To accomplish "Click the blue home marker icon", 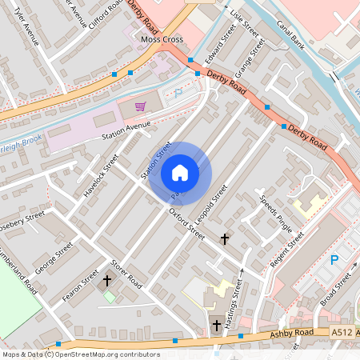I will point(179,172).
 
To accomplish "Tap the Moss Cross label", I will point(162,39).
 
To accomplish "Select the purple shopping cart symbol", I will point(141,105).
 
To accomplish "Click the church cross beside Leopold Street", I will point(225,238).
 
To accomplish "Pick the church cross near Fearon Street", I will point(107,281).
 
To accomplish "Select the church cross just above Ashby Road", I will point(217,325).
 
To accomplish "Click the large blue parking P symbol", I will point(334,259).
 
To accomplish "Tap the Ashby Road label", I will point(291,333).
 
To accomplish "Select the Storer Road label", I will point(127,274).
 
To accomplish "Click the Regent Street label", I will point(287,249).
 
